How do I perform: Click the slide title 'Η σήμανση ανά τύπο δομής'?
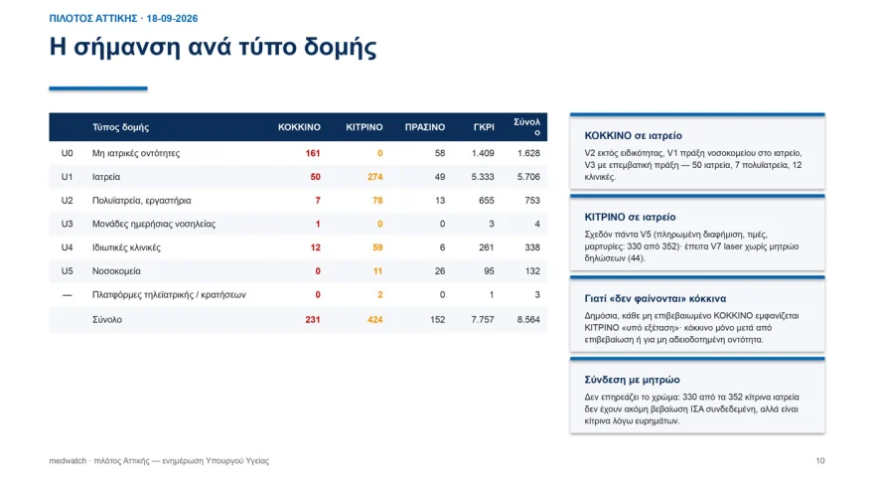(213, 47)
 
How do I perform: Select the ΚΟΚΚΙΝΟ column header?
(299, 127)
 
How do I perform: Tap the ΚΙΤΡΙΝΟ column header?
(364, 127)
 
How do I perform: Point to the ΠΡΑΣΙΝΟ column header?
(425, 127)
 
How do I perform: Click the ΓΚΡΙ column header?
(484, 127)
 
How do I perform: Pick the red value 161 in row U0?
(313, 153)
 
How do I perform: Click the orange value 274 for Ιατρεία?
(375, 177)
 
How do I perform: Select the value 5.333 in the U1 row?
(483, 177)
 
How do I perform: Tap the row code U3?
(67, 224)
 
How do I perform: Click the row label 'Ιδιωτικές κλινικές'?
(126, 247)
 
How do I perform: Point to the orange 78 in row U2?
(377, 200)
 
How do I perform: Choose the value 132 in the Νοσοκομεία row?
(532, 271)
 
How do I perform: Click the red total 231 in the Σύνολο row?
(313, 320)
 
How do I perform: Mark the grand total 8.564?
(528, 320)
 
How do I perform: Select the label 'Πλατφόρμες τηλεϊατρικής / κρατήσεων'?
(169, 294)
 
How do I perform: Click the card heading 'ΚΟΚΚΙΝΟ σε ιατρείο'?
(634, 135)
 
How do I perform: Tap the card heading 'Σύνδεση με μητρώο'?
(632, 380)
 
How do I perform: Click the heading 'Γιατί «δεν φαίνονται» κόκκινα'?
(655, 298)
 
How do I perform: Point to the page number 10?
(820, 461)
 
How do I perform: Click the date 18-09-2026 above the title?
(172, 19)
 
